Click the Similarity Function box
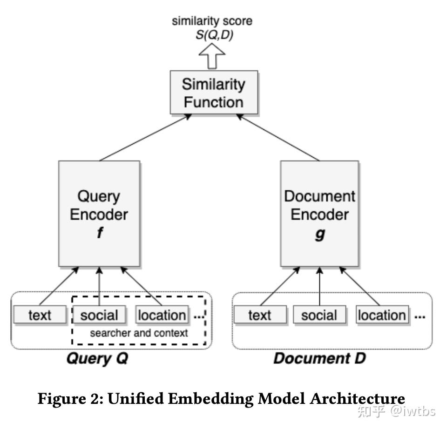(213, 93)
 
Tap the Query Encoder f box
(99, 214)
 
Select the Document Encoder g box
(319, 214)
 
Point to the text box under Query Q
(40, 315)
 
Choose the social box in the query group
(99, 315)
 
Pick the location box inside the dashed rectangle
(162, 315)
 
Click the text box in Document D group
(259, 315)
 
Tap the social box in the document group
(319, 315)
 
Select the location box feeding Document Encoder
(382, 315)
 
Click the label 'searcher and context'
(139, 333)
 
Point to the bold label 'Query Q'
(97, 359)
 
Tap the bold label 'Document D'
(319, 359)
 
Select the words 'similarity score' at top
(212, 21)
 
